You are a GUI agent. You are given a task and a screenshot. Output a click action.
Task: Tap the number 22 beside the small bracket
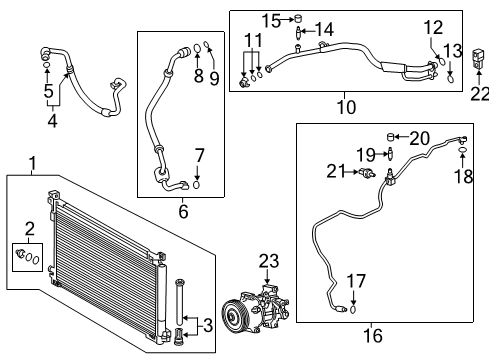[x=478, y=94]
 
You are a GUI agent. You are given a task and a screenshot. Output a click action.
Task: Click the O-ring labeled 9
[x=207, y=44]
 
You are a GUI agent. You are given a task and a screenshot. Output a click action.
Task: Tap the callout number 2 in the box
[x=30, y=228]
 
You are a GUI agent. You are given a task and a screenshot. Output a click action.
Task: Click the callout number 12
[x=431, y=28]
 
